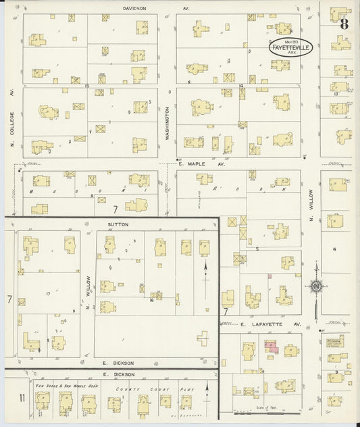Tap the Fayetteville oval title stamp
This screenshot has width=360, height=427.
pos(288,49)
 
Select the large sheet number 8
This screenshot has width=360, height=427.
pos(344,24)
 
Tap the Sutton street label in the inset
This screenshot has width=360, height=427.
pos(118,223)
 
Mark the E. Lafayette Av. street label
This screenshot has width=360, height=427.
pos(270,324)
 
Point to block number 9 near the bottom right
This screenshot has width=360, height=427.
pos(336,372)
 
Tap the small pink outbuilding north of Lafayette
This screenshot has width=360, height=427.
pos(269,276)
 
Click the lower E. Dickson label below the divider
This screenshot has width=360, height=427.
pos(115,374)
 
